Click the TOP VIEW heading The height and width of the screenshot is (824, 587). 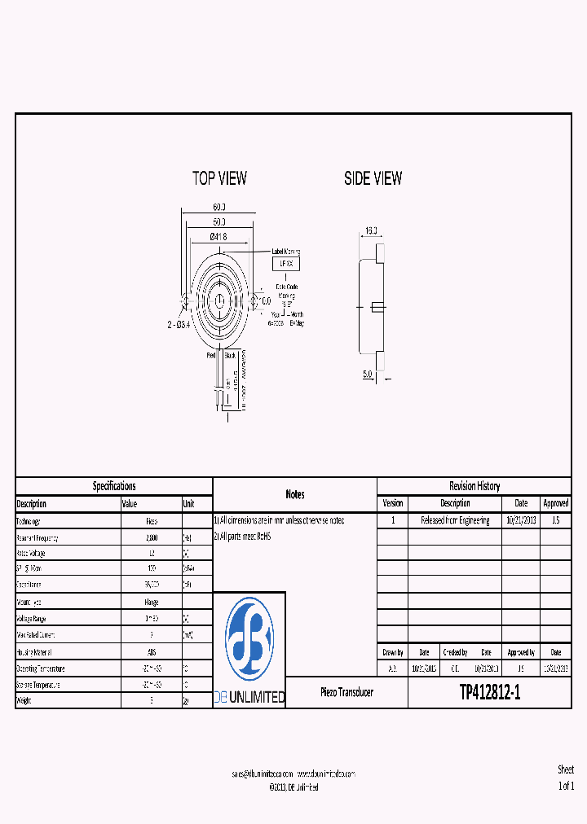click(x=219, y=178)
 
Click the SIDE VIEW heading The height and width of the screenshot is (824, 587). click(x=373, y=178)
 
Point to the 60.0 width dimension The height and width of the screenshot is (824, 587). click(x=219, y=208)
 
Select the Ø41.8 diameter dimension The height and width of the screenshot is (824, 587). click(x=218, y=236)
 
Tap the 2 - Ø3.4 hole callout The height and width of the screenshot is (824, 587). click(x=178, y=325)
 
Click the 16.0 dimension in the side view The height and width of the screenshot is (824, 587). click(x=371, y=231)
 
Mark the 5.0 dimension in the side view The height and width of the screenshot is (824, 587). click(x=368, y=375)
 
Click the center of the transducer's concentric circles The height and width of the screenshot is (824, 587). click(x=219, y=301)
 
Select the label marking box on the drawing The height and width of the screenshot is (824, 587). click(x=286, y=264)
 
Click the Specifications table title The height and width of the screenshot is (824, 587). click(x=114, y=486)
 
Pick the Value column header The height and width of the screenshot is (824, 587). click(x=130, y=504)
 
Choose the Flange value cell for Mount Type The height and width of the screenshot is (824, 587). click(x=151, y=602)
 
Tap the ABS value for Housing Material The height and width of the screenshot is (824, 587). click(x=151, y=651)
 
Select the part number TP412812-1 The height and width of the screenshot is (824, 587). click(x=489, y=692)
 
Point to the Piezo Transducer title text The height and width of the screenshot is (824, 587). click(x=346, y=692)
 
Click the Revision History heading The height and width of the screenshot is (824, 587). click(x=474, y=486)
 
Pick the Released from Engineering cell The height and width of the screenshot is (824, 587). click(x=455, y=520)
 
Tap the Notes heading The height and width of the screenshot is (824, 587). click(x=295, y=494)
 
